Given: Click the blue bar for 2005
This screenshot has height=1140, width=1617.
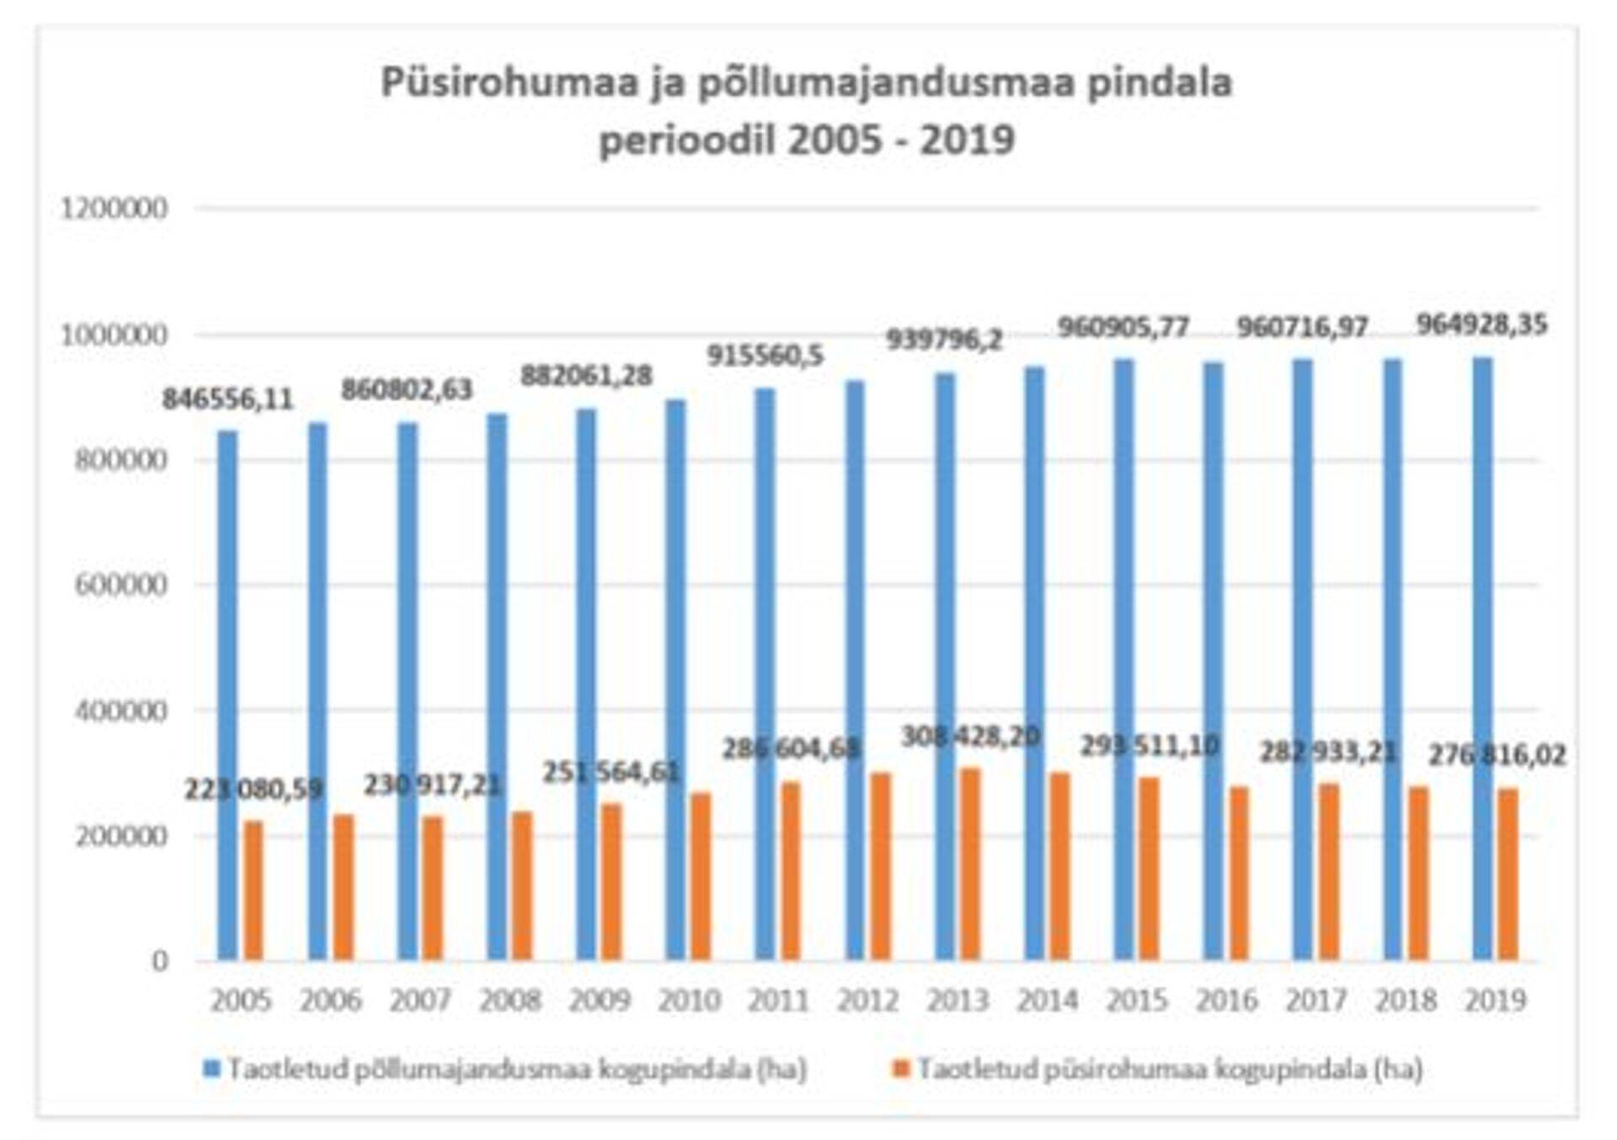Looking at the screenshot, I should pos(227,695).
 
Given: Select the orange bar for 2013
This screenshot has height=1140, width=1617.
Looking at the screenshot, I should pos(971,864).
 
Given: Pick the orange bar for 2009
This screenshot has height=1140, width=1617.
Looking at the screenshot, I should pos(612,881).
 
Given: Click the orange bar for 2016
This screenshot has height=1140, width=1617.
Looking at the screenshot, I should pos(1239,873).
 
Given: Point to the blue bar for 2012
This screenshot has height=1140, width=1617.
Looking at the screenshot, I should pos(855,671).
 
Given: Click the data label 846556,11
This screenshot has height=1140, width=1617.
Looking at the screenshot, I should pos(227,399).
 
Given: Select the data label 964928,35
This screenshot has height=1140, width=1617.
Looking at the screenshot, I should pos(1481,324).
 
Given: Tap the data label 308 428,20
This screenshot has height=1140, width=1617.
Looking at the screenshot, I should pos(970,736).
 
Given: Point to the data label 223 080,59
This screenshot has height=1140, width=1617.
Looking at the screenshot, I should pos(253,789).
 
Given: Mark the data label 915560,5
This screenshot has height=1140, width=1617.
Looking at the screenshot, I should pos(765,356).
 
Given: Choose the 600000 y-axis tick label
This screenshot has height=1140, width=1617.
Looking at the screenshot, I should pos(121,585).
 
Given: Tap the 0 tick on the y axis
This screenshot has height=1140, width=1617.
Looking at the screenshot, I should pos(159,961).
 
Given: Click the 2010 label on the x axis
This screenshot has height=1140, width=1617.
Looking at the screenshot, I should pos(689,1001).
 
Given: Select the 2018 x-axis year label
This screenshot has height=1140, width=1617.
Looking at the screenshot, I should pos(1406,1001).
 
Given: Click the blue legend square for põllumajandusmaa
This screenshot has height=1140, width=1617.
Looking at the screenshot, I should pos(211,1069).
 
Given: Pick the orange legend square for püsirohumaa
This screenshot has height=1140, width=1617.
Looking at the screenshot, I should pos(901,1069).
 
